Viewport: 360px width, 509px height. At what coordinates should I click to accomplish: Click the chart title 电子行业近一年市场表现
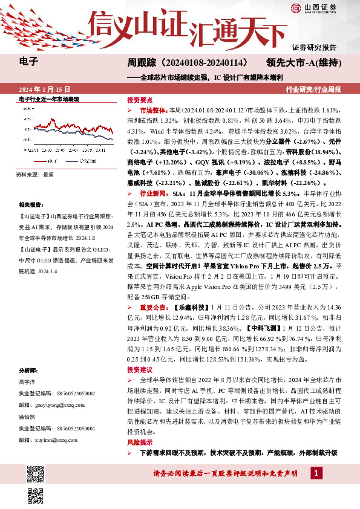(x=50, y=98)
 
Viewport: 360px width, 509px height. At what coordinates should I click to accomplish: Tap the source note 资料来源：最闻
(x=36, y=174)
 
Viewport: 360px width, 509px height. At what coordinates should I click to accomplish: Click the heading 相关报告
(x=32, y=205)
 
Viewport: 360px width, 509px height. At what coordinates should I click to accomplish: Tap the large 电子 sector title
(x=29, y=61)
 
